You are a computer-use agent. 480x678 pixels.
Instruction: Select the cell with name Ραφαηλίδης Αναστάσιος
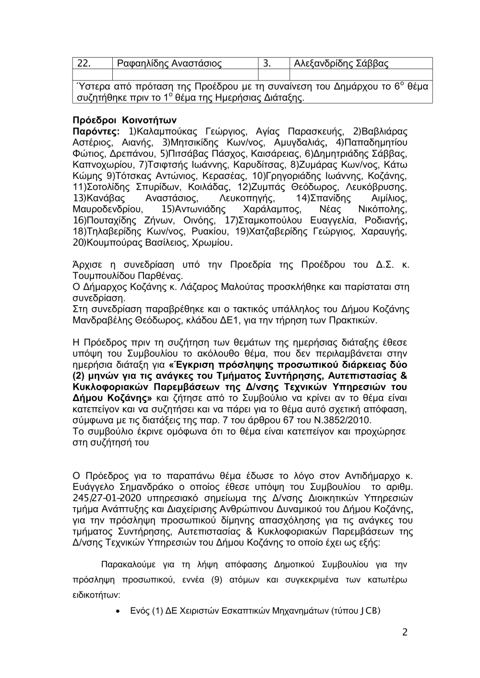[169, 63]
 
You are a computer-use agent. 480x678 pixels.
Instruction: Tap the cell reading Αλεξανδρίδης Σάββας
[341, 63]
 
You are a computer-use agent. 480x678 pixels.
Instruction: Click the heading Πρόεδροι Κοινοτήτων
[125, 120]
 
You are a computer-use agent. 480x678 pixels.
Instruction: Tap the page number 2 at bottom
[405, 632]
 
